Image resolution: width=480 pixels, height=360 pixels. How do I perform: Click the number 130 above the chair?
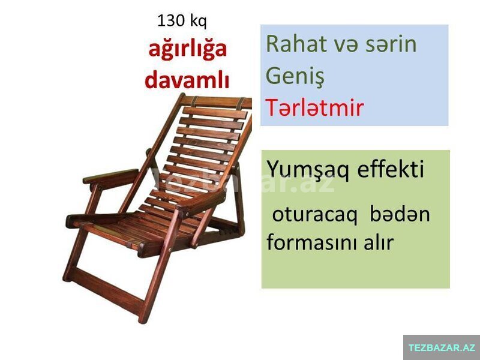(x=171, y=21)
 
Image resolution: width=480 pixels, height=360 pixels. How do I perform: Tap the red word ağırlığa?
(x=187, y=50)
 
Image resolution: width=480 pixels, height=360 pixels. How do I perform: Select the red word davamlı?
(x=187, y=80)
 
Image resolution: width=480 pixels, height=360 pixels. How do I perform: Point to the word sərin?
(x=391, y=44)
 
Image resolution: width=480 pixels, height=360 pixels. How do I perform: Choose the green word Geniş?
(x=295, y=77)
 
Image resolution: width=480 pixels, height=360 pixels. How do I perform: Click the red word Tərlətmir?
(x=314, y=108)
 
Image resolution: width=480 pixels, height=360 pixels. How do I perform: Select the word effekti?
(x=391, y=169)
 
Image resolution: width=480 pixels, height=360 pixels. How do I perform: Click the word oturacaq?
(x=314, y=215)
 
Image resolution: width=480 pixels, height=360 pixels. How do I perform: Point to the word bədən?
(x=400, y=214)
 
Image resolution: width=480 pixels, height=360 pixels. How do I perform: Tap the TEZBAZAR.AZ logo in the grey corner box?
(x=442, y=347)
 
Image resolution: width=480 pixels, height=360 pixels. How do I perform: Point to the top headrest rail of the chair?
(x=217, y=101)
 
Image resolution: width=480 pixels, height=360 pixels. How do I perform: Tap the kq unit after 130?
(x=199, y=22)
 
